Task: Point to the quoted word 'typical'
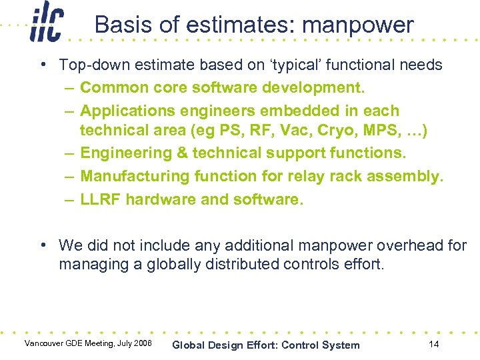(x=299, y=65)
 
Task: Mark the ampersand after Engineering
(x=182, y=153)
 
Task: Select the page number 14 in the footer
(x=433, y=344)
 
